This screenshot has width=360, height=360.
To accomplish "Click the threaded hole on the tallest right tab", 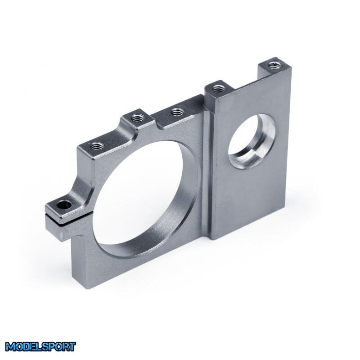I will coord(273,65).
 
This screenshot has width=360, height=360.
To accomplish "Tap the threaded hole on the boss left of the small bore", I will coord(217,86).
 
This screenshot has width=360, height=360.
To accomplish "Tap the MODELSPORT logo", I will coord(41,346).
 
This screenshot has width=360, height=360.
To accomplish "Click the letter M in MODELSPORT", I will coord(10,347).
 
